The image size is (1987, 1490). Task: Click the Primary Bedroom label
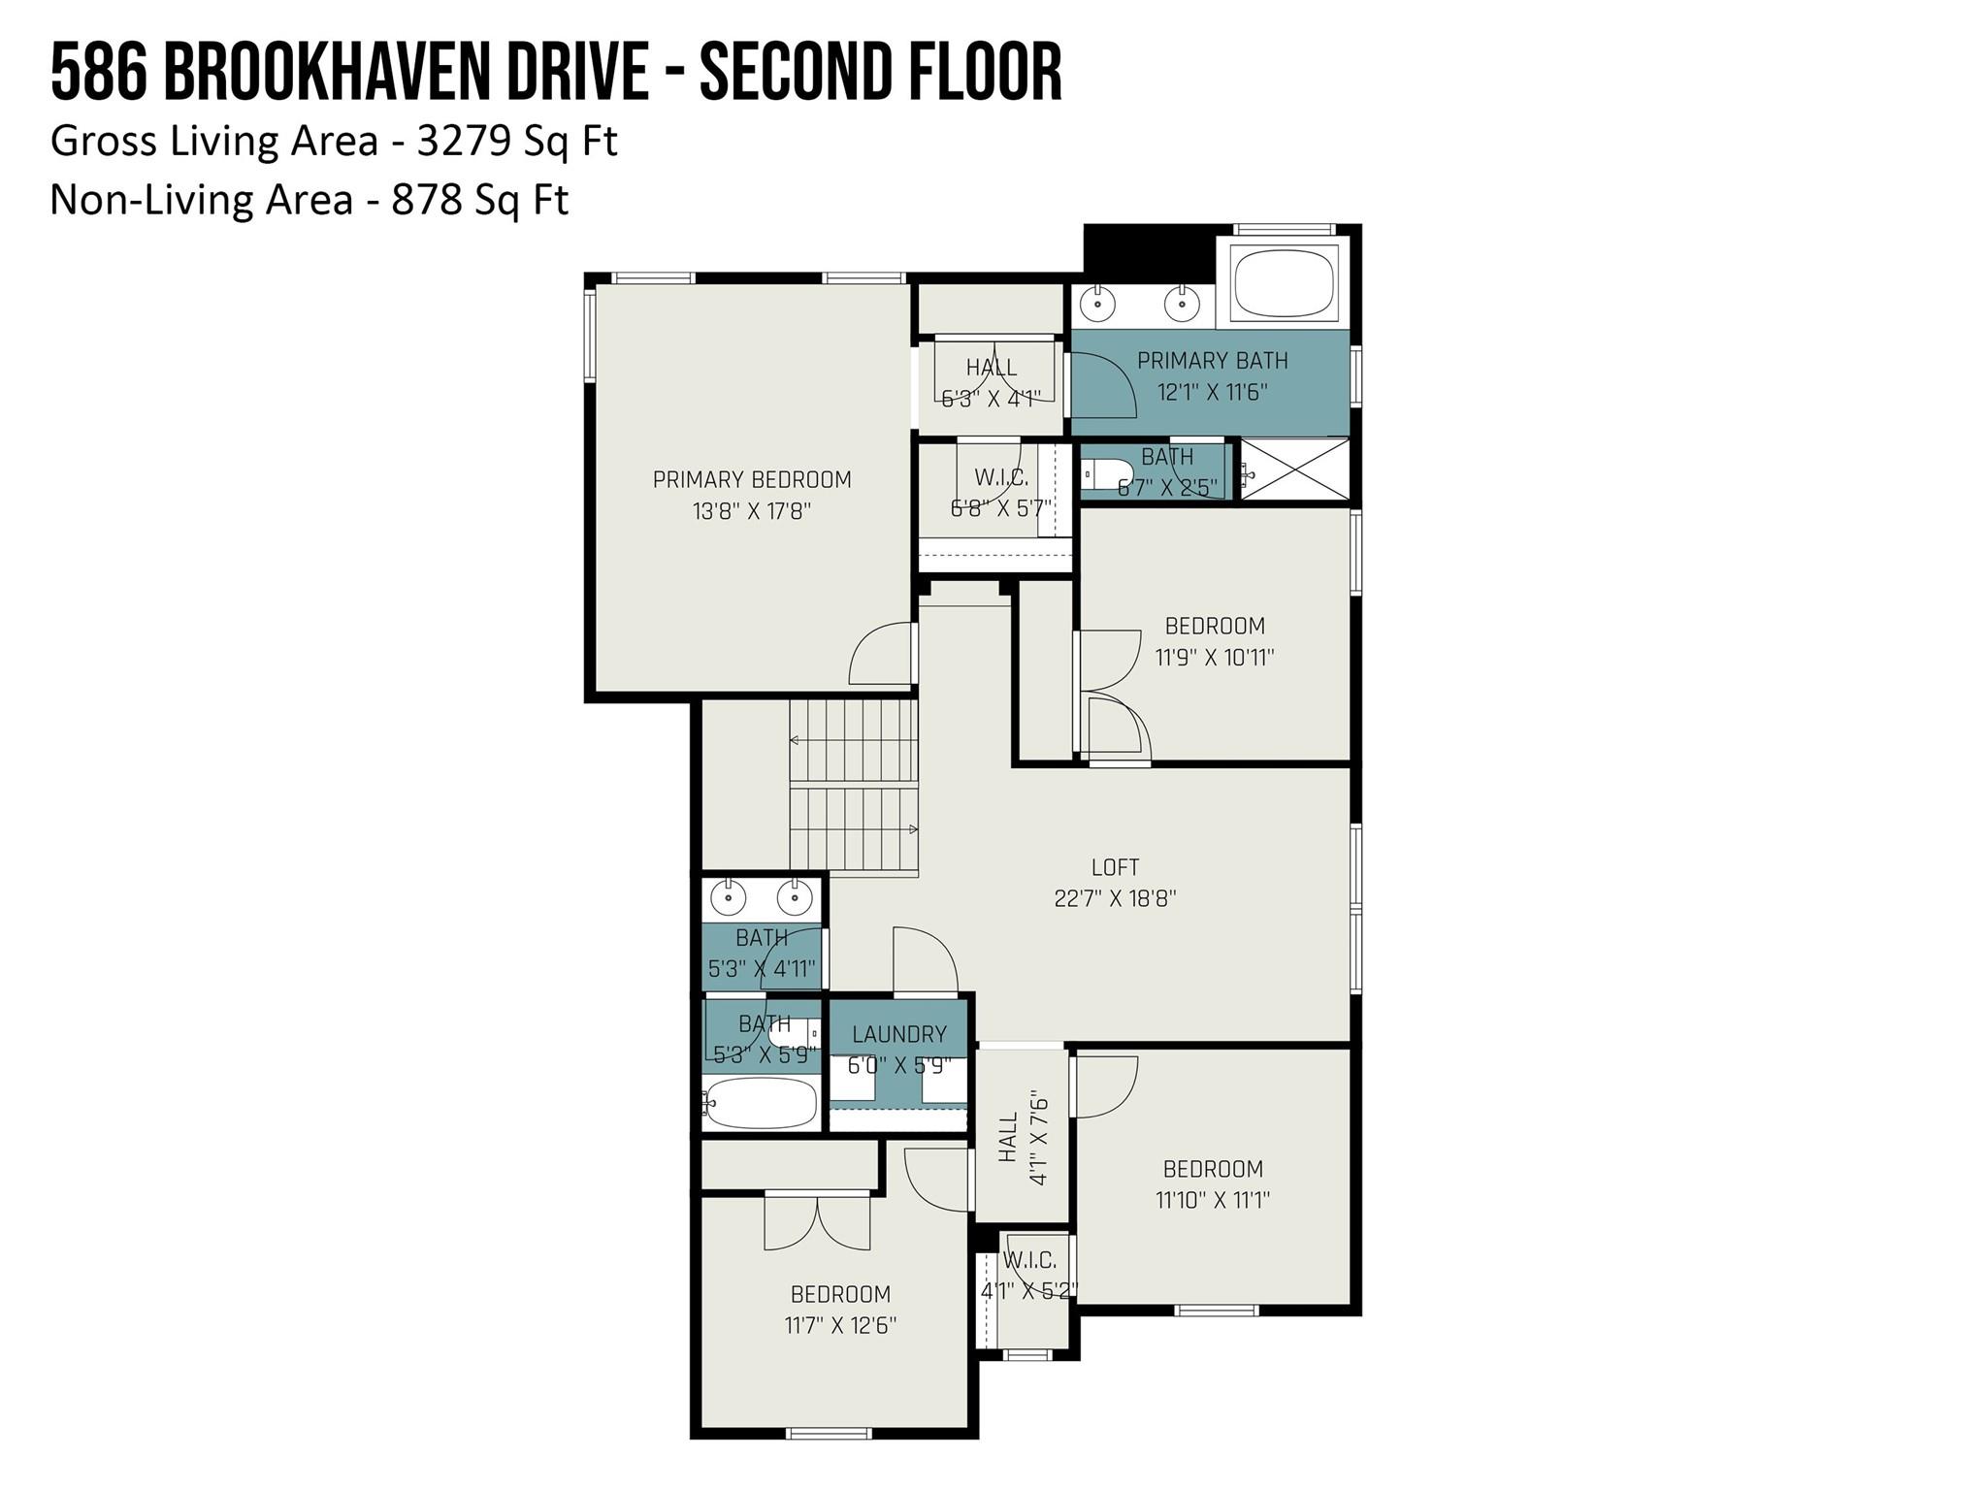click(x=752, y=479)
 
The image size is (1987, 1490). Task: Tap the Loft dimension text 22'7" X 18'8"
click(x=1115, y=898)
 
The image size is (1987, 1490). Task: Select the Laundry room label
click(x=899, y=1034)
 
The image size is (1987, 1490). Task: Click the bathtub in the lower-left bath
click(x=761, y=1103)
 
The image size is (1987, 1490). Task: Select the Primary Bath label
click(x=1212, y=361)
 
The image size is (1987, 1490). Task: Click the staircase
click(x=854, y=786)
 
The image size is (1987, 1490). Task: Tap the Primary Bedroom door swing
click(x=881, y=655)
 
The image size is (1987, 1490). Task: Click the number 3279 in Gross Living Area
click(x=464, y=142)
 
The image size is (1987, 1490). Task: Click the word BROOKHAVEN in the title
click(x=405, y=73)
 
